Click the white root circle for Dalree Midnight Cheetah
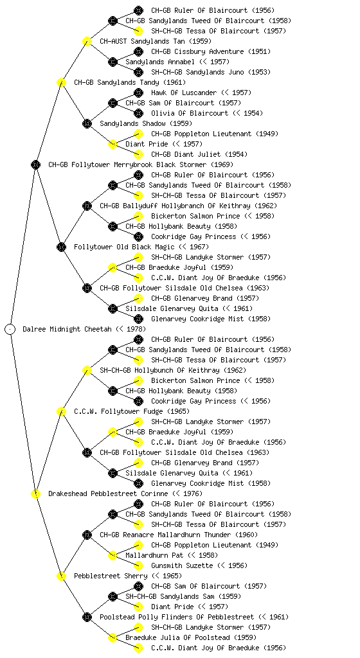10,329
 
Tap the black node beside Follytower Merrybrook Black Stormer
35,164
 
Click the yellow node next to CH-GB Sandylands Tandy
61,82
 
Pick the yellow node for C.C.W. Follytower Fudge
61,411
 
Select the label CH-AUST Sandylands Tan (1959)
156,41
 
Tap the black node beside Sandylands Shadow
87,123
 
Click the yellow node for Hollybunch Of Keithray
87,370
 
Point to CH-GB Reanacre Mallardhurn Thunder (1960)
179,535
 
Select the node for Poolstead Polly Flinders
87,617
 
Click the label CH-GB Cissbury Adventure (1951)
211,51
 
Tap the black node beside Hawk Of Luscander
138,93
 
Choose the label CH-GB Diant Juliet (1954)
199,154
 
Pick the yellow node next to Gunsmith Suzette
138,565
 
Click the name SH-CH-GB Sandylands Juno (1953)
211,72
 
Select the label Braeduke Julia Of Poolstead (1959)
191,637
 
